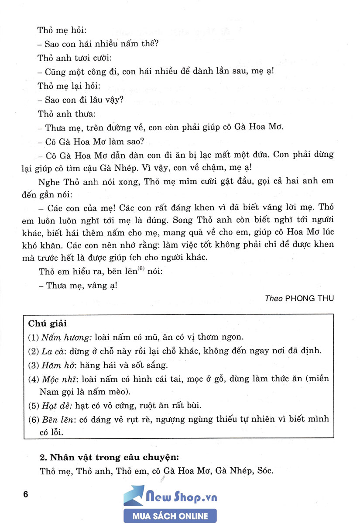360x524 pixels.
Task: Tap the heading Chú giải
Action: point(47,324)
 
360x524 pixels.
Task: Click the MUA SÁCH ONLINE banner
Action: point(170,516)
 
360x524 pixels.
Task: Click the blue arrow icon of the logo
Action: point(134,496)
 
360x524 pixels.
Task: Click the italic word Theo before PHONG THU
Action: point(274,298)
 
